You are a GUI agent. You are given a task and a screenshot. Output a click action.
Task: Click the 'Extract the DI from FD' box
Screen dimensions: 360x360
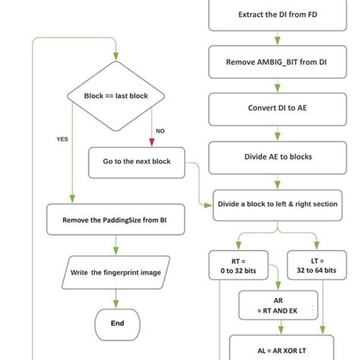[x=277, y=14]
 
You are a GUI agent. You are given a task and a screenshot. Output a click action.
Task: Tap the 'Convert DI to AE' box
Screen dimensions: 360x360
[x=277, y=108]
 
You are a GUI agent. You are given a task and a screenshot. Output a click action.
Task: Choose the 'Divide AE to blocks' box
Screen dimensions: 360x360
[x=277, y=156]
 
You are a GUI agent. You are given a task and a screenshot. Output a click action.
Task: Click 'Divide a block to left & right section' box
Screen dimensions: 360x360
[x=277, y=204]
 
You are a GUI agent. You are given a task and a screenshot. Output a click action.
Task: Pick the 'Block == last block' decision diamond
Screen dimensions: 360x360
[x=117, y=96]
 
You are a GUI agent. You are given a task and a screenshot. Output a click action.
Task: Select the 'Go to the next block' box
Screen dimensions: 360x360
[x=137, y=162]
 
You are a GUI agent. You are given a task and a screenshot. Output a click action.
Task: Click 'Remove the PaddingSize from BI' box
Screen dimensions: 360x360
[x=116, y=219]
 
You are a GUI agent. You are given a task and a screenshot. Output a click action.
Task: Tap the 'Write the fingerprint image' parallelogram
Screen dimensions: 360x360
[x=116, y=272]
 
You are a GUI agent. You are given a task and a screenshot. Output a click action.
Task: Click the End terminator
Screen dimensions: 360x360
[x=117, y=324]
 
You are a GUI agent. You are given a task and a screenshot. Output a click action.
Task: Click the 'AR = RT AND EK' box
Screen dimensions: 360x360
[x=277, y=305]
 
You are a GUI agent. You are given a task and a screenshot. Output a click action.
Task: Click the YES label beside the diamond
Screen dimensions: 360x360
[x=62, y=140]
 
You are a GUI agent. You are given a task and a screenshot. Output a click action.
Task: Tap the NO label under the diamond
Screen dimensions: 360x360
[x=160, y=131]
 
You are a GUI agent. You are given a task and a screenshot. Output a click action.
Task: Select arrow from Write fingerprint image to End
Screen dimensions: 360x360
[x=117, y=298]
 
